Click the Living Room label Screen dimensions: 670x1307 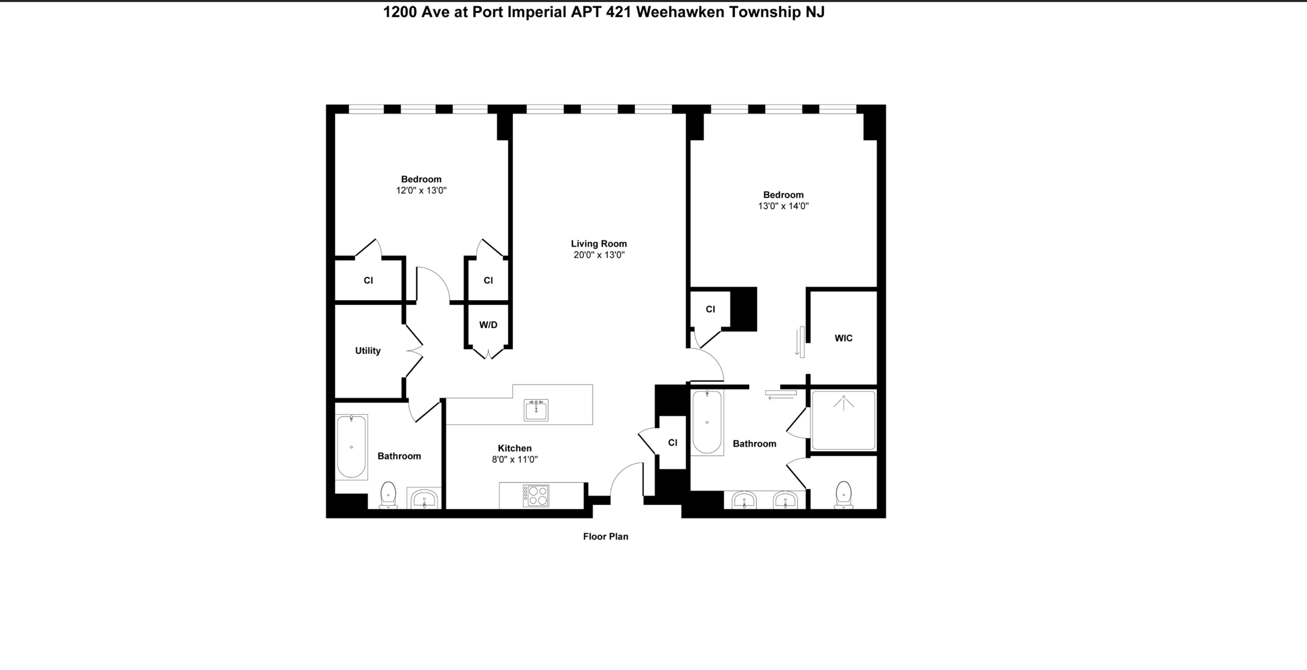[x=599, y=243]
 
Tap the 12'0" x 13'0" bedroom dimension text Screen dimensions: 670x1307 [x=421, y=190]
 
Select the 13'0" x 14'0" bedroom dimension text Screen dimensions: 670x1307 [x=783, y=206]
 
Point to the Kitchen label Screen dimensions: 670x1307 [x=514, y=448]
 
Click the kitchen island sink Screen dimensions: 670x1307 [x=536, y=410]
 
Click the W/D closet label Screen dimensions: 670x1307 [x=488, y=325]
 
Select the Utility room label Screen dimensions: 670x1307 [x=367, y=351]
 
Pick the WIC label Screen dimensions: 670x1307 [x=843, y=338]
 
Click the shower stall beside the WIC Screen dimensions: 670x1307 [x=843, y=420]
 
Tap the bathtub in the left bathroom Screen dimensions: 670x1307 [x=351, y=447]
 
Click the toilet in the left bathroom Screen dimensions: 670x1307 [x=388, y=495]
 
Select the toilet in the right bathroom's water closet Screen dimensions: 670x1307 [x=843, y=494]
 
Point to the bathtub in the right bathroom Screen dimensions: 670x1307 [x=707, y=422]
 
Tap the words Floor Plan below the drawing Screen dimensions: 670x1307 [x=605, y=536]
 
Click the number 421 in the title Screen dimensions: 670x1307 [x=619, y=11]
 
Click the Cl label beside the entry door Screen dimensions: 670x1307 [x=672, y=443]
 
